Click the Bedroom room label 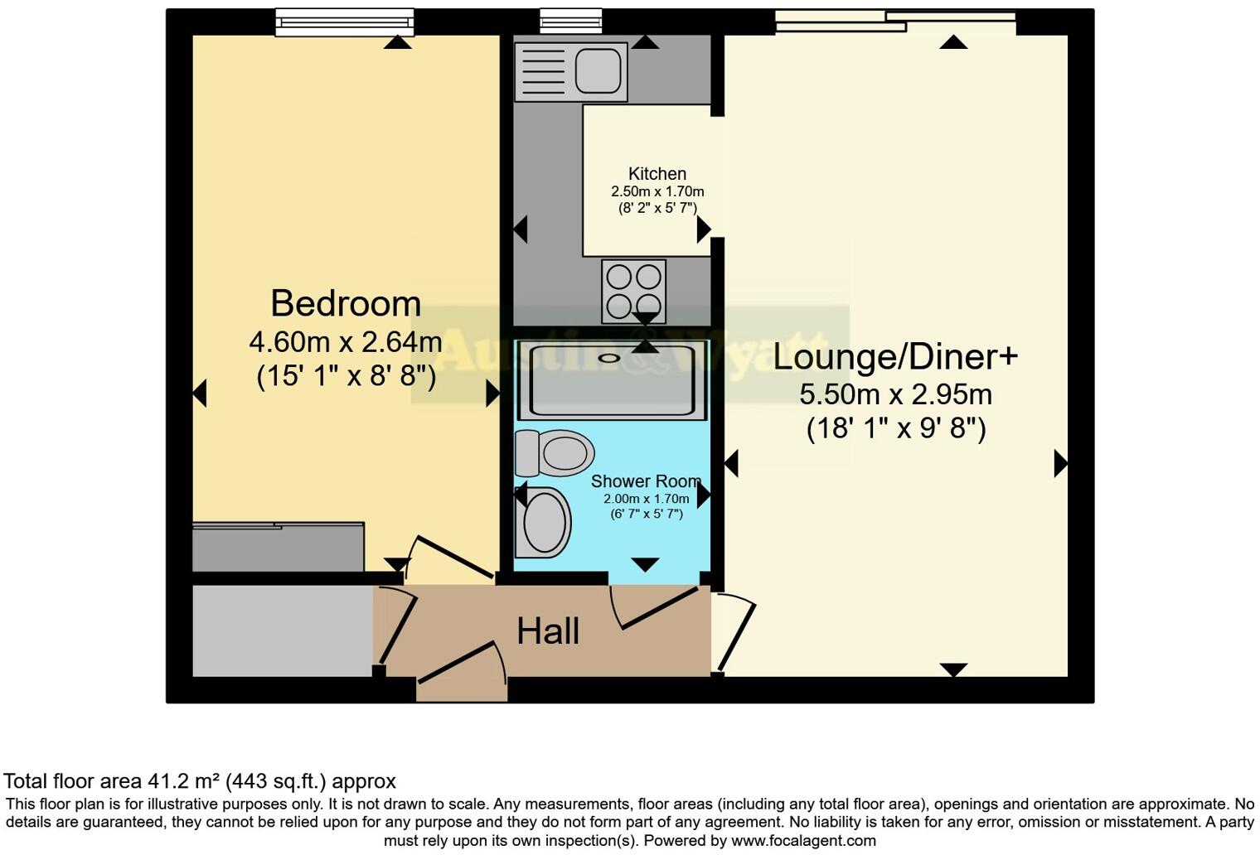point(346,304)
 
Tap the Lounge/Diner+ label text point(895,357)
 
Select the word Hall point(548,631)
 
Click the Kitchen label point(657,174)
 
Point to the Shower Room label point(646,481)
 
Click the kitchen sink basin point(597,70)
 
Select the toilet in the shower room point(555,453)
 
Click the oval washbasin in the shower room point(544,523)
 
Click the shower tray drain point(610,358)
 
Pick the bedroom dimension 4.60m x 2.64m point(346,341)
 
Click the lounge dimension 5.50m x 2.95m point(895,394)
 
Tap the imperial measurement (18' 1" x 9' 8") point(895,428)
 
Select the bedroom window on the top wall point(345,22)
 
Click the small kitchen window point(570,21)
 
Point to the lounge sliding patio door point(895,21)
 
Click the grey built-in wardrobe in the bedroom point(278,547)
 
